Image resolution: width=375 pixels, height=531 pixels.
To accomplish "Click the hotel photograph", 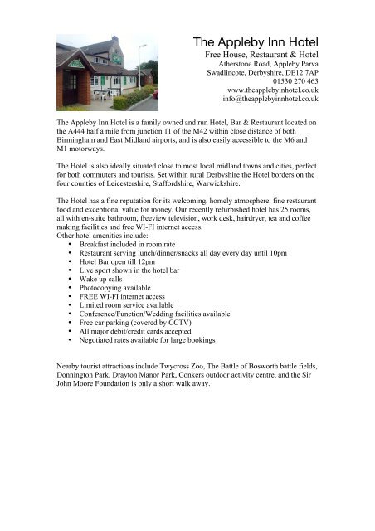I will (105, 73).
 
